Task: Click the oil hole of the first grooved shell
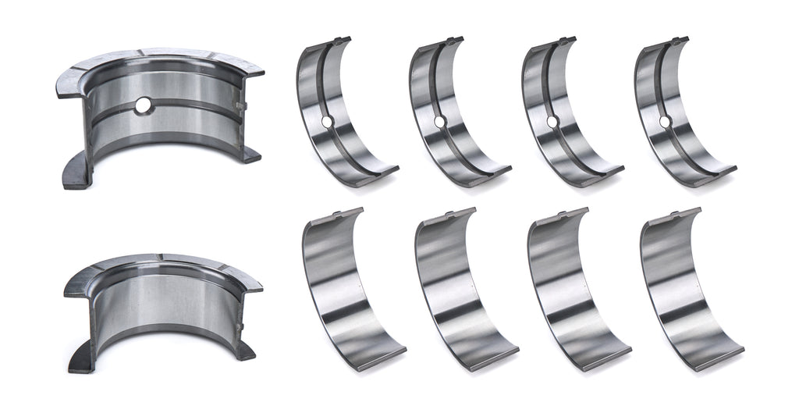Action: (x=326, y=122)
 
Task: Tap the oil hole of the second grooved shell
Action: (x=439, y=122)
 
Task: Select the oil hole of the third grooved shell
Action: (x=552, y=122)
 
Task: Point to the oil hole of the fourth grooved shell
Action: (x=665, y=122)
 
